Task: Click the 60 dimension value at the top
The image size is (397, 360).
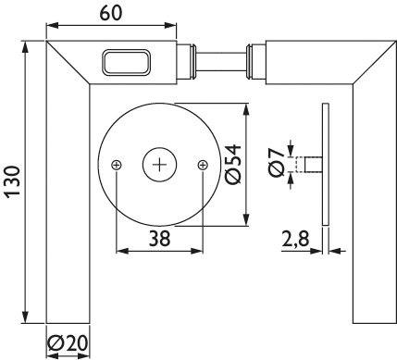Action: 111,13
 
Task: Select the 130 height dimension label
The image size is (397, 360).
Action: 14,181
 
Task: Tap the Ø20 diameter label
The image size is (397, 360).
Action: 68,342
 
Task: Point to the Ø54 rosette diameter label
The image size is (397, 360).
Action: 233,165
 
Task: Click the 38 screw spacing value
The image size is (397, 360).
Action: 159,239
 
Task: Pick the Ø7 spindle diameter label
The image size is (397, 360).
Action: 276,163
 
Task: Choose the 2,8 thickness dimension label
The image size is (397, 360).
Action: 295,239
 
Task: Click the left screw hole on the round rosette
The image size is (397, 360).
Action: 117,166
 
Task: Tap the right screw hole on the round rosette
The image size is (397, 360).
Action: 203,166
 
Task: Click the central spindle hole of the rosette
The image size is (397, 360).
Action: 159,165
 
